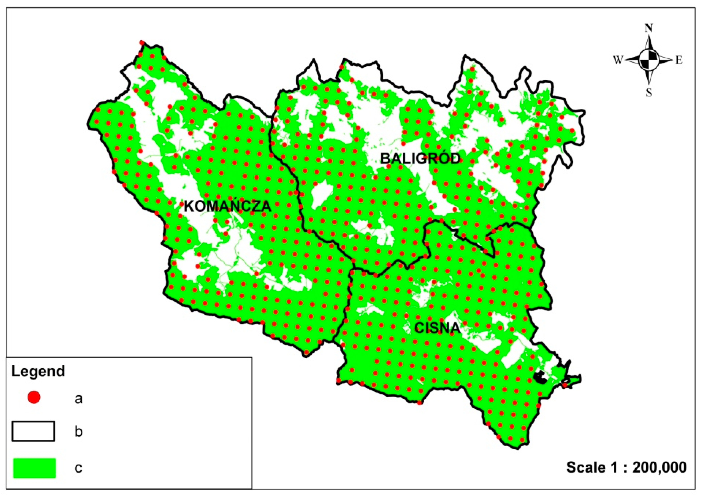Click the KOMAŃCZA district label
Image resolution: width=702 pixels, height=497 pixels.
coord(228,206)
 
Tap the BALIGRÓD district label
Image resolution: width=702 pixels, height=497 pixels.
coord(420,159)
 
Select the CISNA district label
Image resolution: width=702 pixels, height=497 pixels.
coord(437,328)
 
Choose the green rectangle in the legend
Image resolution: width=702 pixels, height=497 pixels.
coord(34,468)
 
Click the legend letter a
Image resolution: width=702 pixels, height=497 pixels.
coord(78,399)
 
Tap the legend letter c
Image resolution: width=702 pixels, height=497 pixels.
coord(78,468)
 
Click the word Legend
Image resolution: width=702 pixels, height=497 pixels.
coord(38,371)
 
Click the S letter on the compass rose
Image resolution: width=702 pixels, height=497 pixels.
coord(649,92)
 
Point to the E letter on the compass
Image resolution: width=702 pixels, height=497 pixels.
coord(679,61)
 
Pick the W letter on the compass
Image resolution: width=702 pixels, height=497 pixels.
coord(618,60)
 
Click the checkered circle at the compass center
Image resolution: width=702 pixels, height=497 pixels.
coord(648,60)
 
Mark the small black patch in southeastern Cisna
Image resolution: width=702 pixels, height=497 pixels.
coord(540,377)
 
